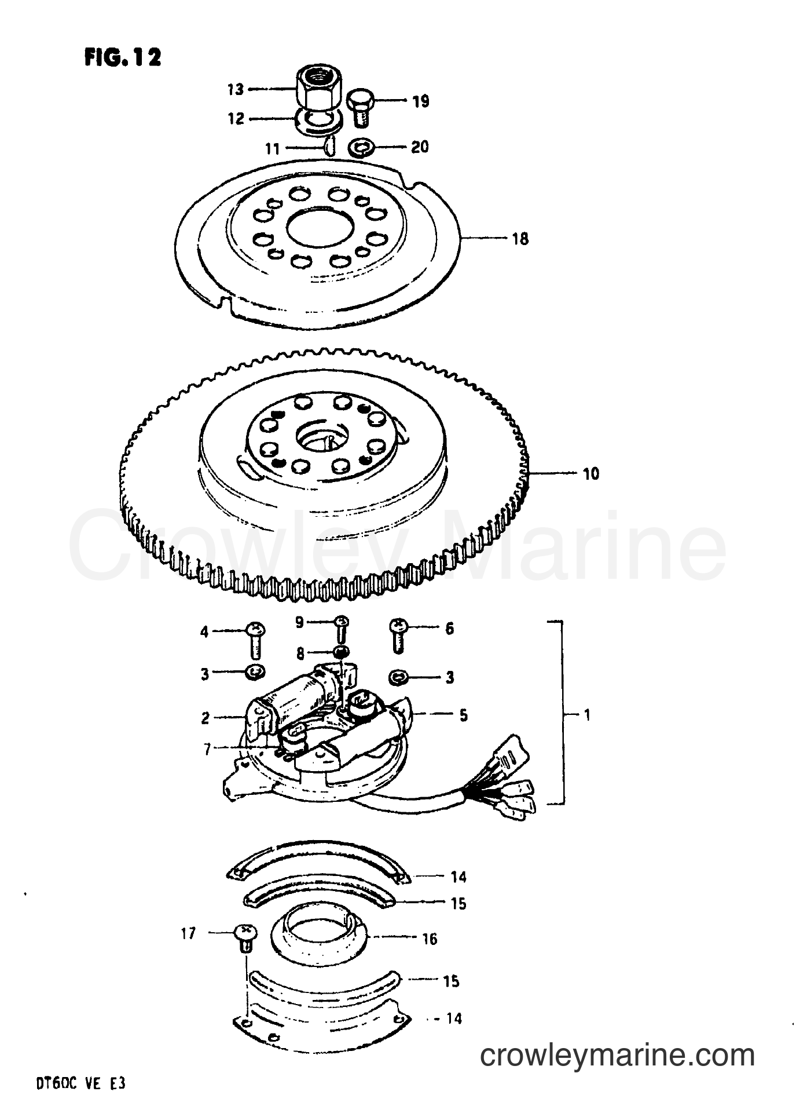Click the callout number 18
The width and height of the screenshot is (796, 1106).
[x=520, y=239]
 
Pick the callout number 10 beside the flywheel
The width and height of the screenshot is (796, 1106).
[x=590, y=474]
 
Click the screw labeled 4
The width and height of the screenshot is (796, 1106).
[x=255, y=640]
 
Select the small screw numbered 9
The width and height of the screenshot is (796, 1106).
[x=342, y=629]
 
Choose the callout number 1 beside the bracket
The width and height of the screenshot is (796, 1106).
[x=588, y=715]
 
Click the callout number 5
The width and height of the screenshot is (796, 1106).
[x=463, y=715]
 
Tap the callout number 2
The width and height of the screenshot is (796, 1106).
[x=206, y=718]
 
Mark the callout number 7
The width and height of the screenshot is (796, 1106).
[x=207, y=749]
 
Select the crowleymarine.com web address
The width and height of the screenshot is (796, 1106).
[x=618, y=1055]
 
